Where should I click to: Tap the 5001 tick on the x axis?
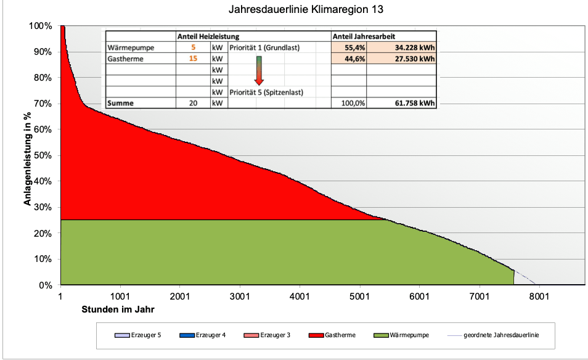(360, 296)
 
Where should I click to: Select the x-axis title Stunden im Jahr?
(118, 309)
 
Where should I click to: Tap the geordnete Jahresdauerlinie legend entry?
(496, 335)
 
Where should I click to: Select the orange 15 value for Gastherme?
(193, 59)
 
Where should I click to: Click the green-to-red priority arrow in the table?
(259, 69)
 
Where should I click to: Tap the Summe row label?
(120, 104)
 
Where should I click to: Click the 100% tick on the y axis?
(41, 26)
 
